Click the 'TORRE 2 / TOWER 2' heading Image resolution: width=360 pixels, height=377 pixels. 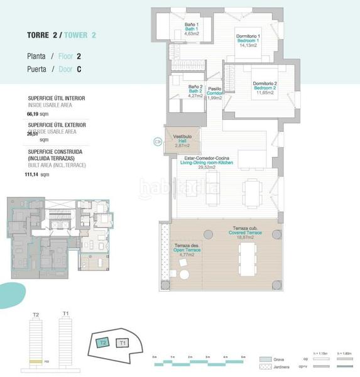[62, 35]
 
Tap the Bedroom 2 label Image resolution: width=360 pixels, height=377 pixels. [265, 88]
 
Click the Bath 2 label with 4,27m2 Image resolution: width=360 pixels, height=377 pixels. [195, 92]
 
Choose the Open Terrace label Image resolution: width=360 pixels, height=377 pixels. [187, 251]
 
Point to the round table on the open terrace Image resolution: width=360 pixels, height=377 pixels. [183, 275]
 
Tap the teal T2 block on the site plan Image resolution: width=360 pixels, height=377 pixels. [102, 342]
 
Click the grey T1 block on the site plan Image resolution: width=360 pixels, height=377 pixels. [123, 343]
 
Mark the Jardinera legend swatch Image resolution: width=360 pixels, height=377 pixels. [265, 369]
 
